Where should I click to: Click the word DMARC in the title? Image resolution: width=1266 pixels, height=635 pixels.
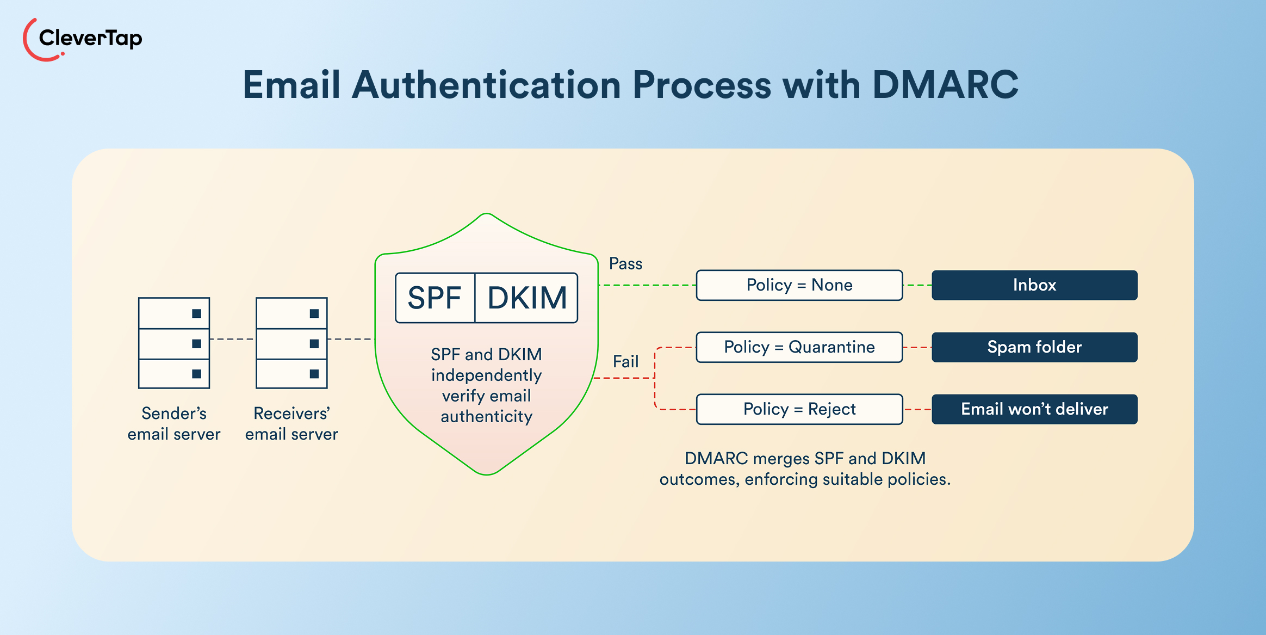[945, 85]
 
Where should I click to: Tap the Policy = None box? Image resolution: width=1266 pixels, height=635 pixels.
[799, 285]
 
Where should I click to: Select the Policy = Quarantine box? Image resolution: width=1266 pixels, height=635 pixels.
[799, 347]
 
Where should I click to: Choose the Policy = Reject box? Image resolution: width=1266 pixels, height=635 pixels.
[799, 409]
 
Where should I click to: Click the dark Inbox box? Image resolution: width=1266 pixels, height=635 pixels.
[1034, 285]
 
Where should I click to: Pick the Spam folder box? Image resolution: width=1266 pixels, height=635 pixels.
[1034, 347]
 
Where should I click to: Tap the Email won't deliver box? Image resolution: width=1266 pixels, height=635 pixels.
[1034, 409]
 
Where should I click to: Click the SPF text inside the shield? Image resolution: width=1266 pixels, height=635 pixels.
[434, 298]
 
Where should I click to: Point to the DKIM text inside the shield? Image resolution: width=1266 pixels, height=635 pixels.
[526, 298]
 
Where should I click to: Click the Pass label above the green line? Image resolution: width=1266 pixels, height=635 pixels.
[625, 264]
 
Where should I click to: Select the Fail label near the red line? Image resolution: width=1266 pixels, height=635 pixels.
[625, 362]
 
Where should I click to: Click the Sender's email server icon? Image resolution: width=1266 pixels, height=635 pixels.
[174, 343]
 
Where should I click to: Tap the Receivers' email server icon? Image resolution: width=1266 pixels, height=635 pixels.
[291, 343]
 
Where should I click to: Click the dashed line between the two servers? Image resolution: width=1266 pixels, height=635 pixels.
[232, 339]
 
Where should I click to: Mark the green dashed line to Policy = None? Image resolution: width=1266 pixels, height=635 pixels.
[647, 285]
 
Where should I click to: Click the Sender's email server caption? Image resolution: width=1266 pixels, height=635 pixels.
[174, 424]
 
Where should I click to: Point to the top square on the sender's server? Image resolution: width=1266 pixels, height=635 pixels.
[196, 313]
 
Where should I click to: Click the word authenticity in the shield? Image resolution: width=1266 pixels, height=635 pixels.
[486, 417]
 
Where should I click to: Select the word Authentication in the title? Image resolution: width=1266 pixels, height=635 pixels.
[486, 85]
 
